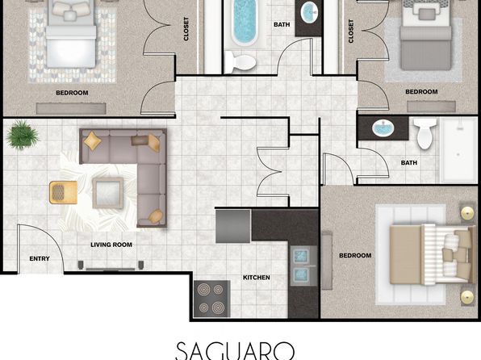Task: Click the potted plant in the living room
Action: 23,135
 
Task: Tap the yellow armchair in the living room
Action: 63,192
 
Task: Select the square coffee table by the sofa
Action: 107,193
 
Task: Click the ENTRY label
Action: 40,259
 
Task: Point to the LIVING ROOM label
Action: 111,245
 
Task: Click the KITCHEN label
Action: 257,278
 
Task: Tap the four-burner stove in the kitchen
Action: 211,299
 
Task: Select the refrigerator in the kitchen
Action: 233,226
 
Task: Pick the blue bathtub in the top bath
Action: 245,23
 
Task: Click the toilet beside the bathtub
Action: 240,63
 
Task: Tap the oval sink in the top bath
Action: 308,12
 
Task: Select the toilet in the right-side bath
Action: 425,134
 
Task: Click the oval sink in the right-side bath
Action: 383,128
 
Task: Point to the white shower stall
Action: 458,150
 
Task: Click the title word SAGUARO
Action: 236,351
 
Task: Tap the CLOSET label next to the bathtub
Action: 186,29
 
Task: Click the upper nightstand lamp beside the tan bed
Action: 467,211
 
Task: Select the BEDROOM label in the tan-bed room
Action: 355,255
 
